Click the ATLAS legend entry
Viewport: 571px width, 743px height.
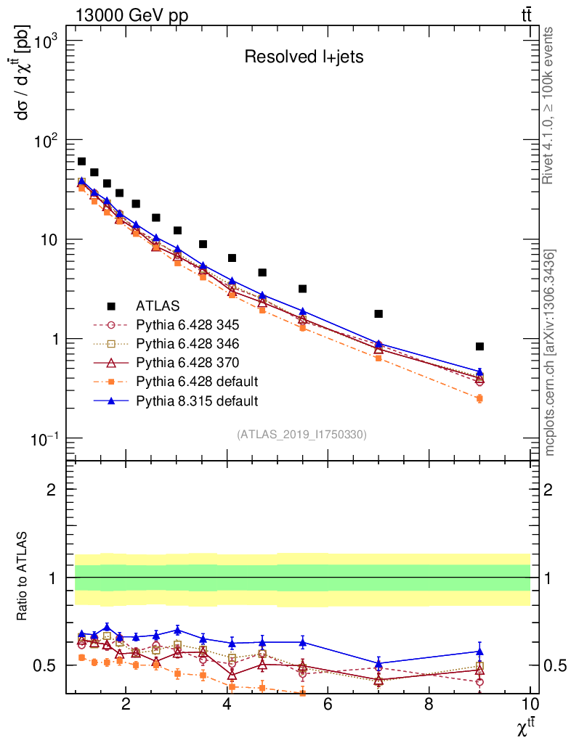click(x=157, y=305)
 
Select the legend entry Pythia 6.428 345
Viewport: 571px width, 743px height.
click(x=187, y=324)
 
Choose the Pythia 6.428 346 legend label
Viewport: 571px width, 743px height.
click(x=187, y=343)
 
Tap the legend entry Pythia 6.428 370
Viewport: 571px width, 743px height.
click(x=187, y=362)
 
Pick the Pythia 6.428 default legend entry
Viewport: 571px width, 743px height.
click(x=197, y=381)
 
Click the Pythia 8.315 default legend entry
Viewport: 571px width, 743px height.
click(x=197, y=400)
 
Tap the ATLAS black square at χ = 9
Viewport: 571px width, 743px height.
click(x=479, y=347)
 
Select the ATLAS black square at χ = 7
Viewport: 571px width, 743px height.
click(x=378, y=314)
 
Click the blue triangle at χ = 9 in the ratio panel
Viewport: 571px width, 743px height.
click(x=479, y=652)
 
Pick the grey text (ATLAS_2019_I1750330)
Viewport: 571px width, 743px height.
click(x=301, y=435)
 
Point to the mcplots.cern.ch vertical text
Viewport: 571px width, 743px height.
click(x=550, y=352)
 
